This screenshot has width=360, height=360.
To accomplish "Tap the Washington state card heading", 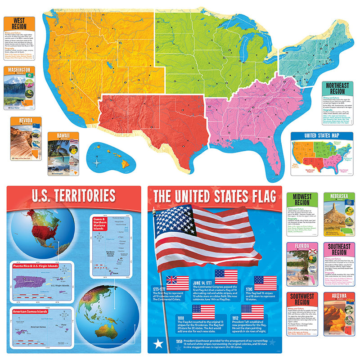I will (x=19, y=70).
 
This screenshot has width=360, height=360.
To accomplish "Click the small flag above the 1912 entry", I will (x=252, y=312).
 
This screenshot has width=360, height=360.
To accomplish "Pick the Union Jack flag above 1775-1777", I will (x=177, y=283).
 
